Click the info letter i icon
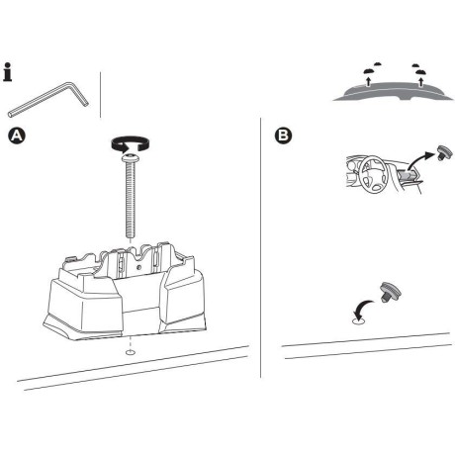(9, 73)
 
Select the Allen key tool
(45, 100)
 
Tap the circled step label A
(15, 134)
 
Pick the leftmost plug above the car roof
(366, 70)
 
